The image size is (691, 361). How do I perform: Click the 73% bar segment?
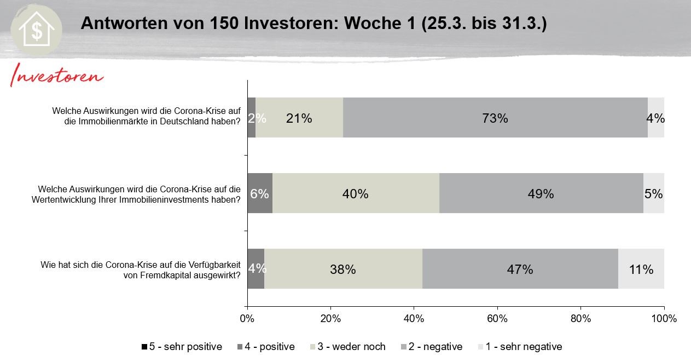point(495,118)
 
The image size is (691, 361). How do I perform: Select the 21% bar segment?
point(299,118)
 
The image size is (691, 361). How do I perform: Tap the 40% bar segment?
point(356,193)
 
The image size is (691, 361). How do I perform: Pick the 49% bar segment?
point(541,193)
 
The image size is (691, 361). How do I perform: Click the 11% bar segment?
point(641,269)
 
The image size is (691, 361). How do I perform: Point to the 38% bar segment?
point(343,269)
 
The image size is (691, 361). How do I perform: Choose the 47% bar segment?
point(520,269)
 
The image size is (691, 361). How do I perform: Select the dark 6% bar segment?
point(260,193)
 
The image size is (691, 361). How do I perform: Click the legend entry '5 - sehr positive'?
point(182,347)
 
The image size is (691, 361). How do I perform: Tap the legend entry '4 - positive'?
point(266,347)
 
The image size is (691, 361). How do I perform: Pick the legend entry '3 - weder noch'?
point(348,347)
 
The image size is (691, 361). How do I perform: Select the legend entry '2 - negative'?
point(432,347)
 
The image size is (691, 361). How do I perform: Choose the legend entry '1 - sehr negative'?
point(520,347)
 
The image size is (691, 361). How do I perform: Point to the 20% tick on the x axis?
point(330,318)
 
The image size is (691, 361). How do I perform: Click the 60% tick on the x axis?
point(497,318)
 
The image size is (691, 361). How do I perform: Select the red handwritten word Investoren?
point(56,76)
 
